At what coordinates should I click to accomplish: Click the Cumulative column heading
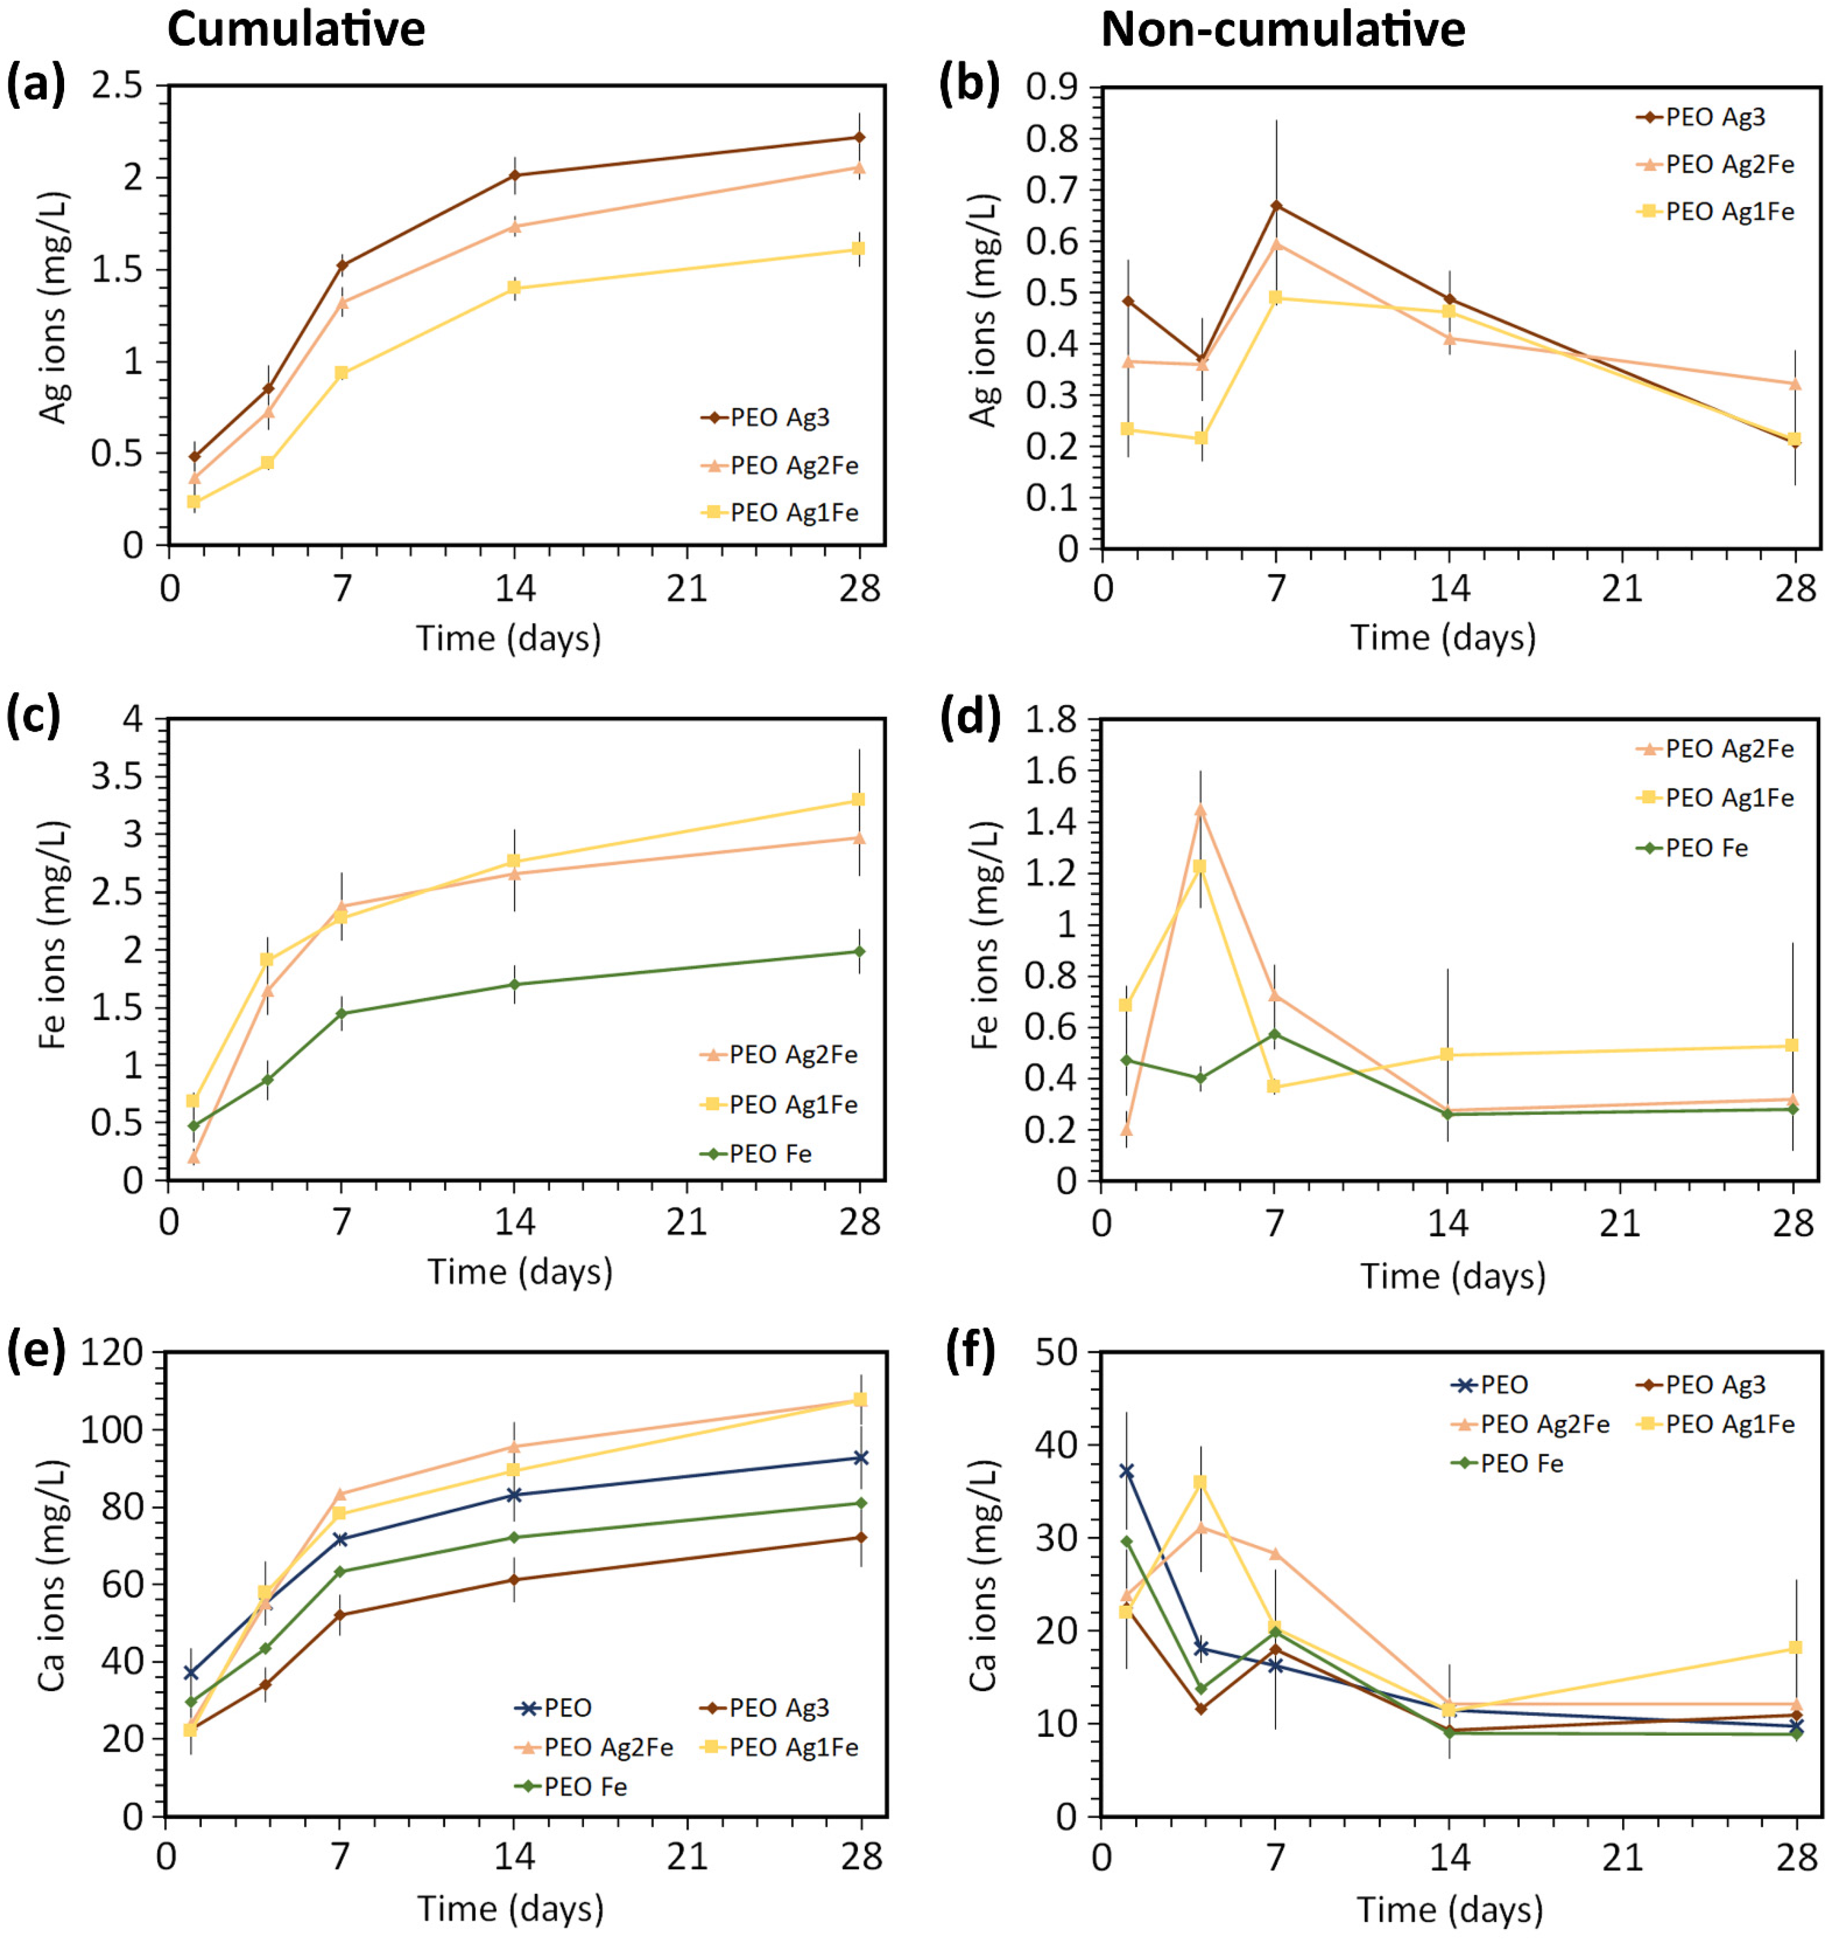click(x=296, y=29)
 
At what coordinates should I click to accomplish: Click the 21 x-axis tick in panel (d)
click(x=1620, y=1223)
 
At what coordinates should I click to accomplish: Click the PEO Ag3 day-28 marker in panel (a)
click(x=859, y=137)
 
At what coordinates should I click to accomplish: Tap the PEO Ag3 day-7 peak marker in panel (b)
click(x=1276, y=206)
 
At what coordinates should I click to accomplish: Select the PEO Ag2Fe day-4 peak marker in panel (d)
click(x=1200, y=809)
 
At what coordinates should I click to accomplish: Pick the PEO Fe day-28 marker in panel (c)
click(x=859, y=951)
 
